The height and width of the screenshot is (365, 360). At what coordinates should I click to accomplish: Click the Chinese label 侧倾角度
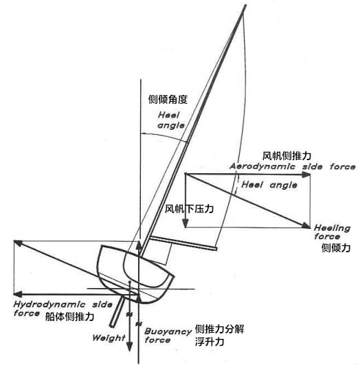168,100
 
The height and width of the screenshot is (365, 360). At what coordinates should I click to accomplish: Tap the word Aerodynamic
262,166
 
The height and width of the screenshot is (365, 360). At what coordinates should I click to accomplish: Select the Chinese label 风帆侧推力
286,156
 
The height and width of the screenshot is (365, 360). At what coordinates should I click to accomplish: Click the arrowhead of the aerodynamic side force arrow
306,174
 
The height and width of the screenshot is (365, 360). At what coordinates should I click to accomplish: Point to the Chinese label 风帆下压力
189,208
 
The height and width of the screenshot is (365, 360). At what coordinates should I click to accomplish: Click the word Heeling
332,228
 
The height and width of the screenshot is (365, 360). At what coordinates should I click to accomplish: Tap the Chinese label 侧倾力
336,247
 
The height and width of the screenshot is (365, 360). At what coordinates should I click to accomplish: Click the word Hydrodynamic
49,305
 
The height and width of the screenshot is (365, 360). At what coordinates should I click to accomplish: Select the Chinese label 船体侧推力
69,317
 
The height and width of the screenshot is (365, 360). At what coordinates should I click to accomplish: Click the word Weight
109,338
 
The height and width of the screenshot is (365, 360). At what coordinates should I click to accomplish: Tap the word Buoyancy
168,331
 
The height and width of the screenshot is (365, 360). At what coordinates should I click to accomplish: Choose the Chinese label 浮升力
210,342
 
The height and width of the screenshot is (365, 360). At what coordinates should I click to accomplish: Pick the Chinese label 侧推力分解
219,329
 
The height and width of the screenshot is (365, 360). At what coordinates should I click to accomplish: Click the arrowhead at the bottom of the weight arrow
129,347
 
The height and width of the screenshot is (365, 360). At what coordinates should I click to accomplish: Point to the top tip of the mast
245,5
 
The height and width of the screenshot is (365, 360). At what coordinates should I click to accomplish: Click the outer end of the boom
216,249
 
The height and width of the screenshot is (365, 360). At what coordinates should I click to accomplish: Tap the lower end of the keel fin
112,326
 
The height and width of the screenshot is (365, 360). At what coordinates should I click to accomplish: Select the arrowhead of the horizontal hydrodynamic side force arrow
18,294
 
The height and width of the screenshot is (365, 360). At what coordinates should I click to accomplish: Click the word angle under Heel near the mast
171,126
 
